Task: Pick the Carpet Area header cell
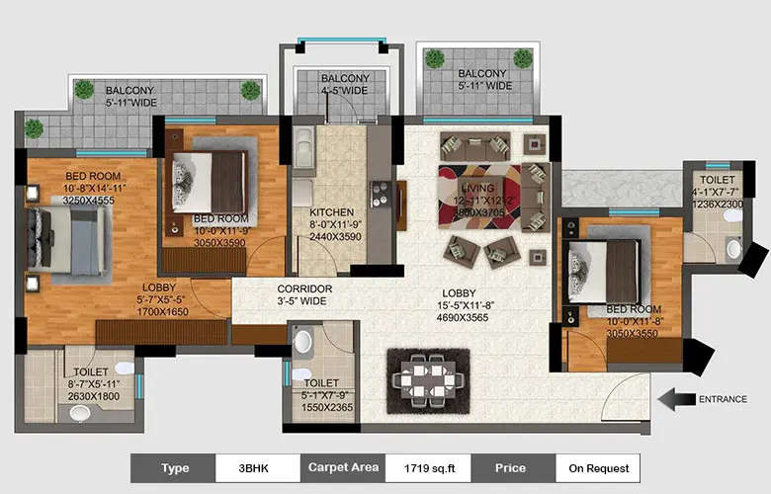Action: point(342,467)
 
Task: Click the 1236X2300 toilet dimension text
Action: point(712,204)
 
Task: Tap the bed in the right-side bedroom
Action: point(604,268)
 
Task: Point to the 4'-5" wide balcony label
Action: point(344,85)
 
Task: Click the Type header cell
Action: point(173,467)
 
